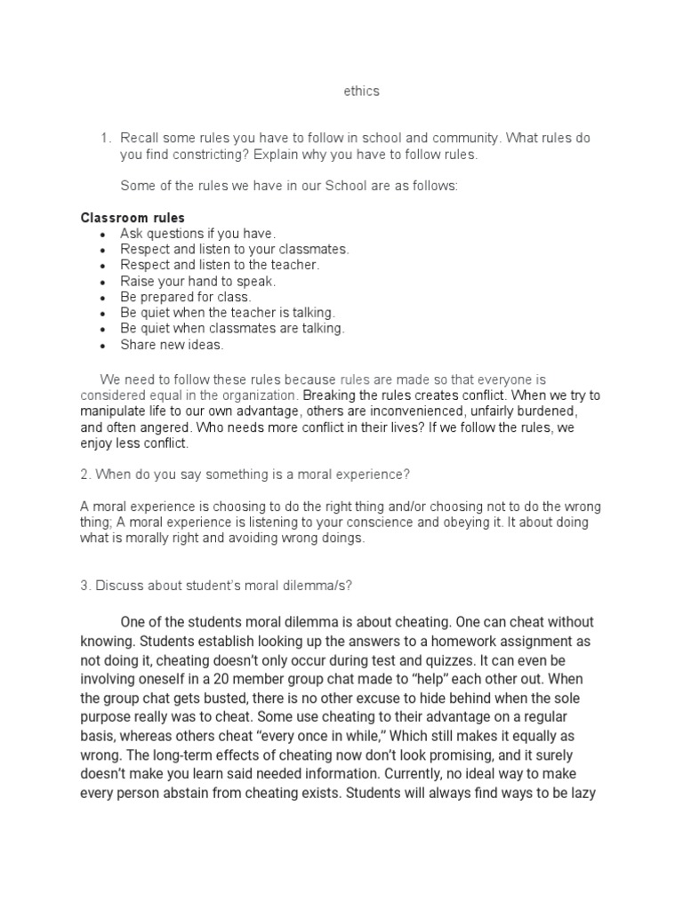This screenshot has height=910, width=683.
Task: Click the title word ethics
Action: pyautogui.click(x=361, y=92)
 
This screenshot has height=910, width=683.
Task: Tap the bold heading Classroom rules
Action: pyautogui.click(x=133, y=218)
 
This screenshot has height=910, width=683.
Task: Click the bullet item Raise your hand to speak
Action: pyautogui.click(x=198, y=281)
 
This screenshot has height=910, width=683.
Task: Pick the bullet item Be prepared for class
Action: pyautogui.click(x=186, y=297)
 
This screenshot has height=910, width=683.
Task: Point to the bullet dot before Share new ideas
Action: pyautogui.click(x=103, y=346)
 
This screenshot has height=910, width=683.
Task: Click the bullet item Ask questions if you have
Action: pyautogui.click(x=192, y=233)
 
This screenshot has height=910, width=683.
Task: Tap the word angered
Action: pyautogui.click(x=164, y=427)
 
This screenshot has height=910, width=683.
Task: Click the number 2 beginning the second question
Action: pyautogui.click(x=84, y=475)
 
